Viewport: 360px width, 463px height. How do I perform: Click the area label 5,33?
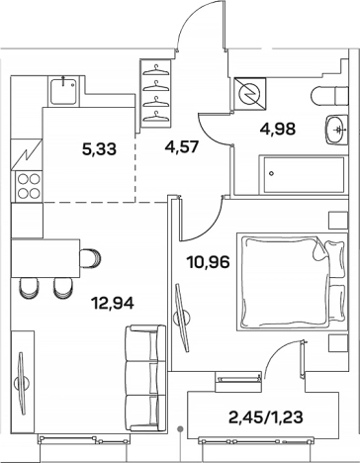(99, 149)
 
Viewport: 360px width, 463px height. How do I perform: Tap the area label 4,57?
(182, 146)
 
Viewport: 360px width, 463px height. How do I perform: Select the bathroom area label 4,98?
(278, 129)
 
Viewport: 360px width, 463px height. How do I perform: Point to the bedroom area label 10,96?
(208, 262)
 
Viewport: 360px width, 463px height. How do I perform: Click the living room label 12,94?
(114, 303)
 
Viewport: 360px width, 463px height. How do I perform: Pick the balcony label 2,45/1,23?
(266, 417)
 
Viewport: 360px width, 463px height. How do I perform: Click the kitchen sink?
(64, 90)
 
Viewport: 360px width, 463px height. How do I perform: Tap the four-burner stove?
(29, 186)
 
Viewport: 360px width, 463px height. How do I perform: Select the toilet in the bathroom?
(329, 96)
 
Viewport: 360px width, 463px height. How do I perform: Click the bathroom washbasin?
(336, 130)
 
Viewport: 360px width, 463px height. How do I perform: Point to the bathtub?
(304, 174)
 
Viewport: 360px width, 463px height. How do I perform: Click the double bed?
(292, 282)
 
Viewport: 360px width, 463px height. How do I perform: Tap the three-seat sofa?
(145, 378)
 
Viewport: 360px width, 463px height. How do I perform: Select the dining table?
(45, 258)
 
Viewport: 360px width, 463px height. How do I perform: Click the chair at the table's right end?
(90, 258)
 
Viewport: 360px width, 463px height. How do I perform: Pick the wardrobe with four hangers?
(156, 93)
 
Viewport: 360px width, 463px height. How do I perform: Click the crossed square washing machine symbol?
(249, 93)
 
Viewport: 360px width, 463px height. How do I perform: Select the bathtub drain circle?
(271, 173)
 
